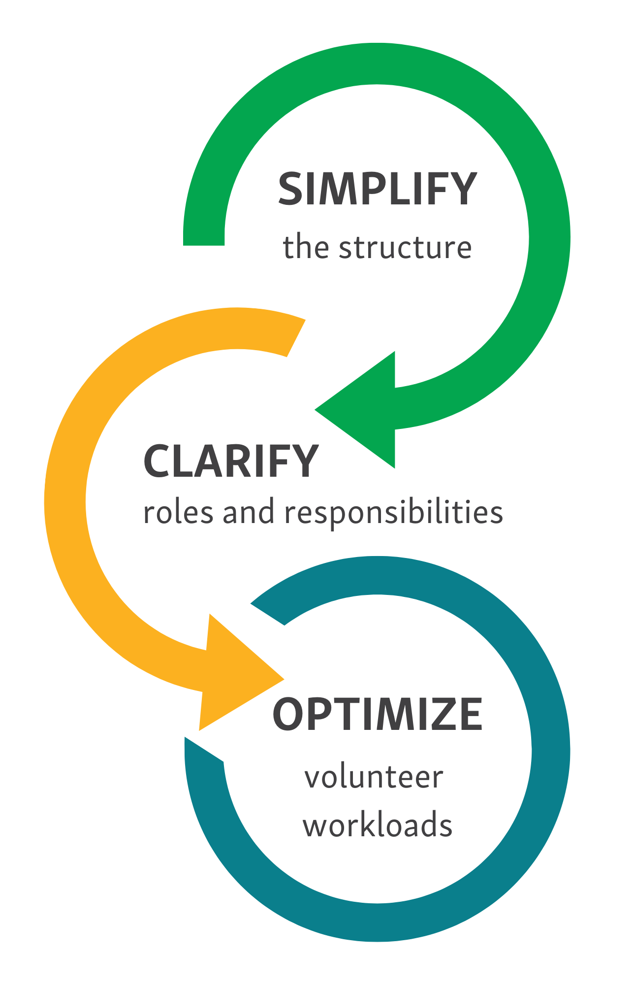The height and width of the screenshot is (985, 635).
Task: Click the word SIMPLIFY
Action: click(378, 189)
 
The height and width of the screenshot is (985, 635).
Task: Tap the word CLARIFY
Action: click(231, 461)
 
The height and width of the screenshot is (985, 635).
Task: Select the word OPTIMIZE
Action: click(378, 714)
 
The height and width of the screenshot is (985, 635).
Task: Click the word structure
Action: click(405, 247)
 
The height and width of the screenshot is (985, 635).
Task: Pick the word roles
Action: click(178, 512)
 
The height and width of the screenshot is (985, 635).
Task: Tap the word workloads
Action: click(378, 824)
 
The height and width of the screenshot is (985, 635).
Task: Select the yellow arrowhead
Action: click(241, 673)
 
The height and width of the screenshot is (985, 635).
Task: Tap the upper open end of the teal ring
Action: click(268, 614)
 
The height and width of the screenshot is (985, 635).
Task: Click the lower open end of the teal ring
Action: click(204, 750)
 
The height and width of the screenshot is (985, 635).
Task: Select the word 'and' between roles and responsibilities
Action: click(249, 512)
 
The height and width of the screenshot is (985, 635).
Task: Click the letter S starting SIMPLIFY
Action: click(290, 189)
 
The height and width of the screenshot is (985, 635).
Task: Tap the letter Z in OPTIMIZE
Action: click(439, 714)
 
